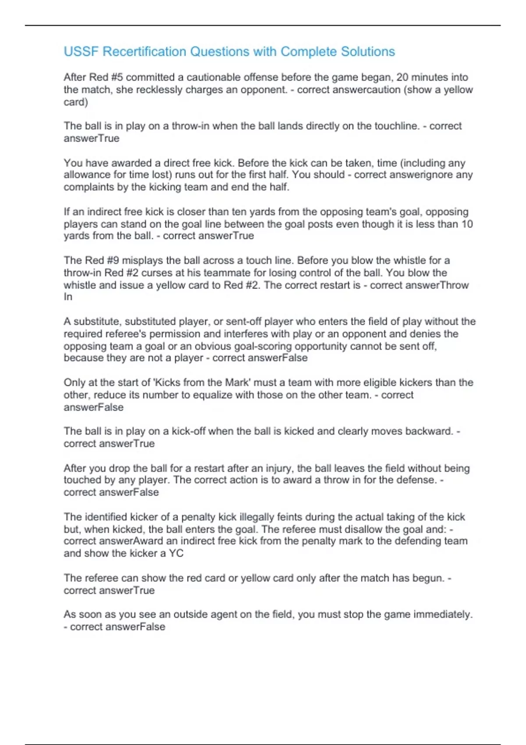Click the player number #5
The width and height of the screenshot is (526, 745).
(x=117, y=78)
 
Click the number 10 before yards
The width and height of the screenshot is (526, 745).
(x=467, y=224)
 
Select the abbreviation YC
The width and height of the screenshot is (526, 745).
(x=176, y=553)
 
